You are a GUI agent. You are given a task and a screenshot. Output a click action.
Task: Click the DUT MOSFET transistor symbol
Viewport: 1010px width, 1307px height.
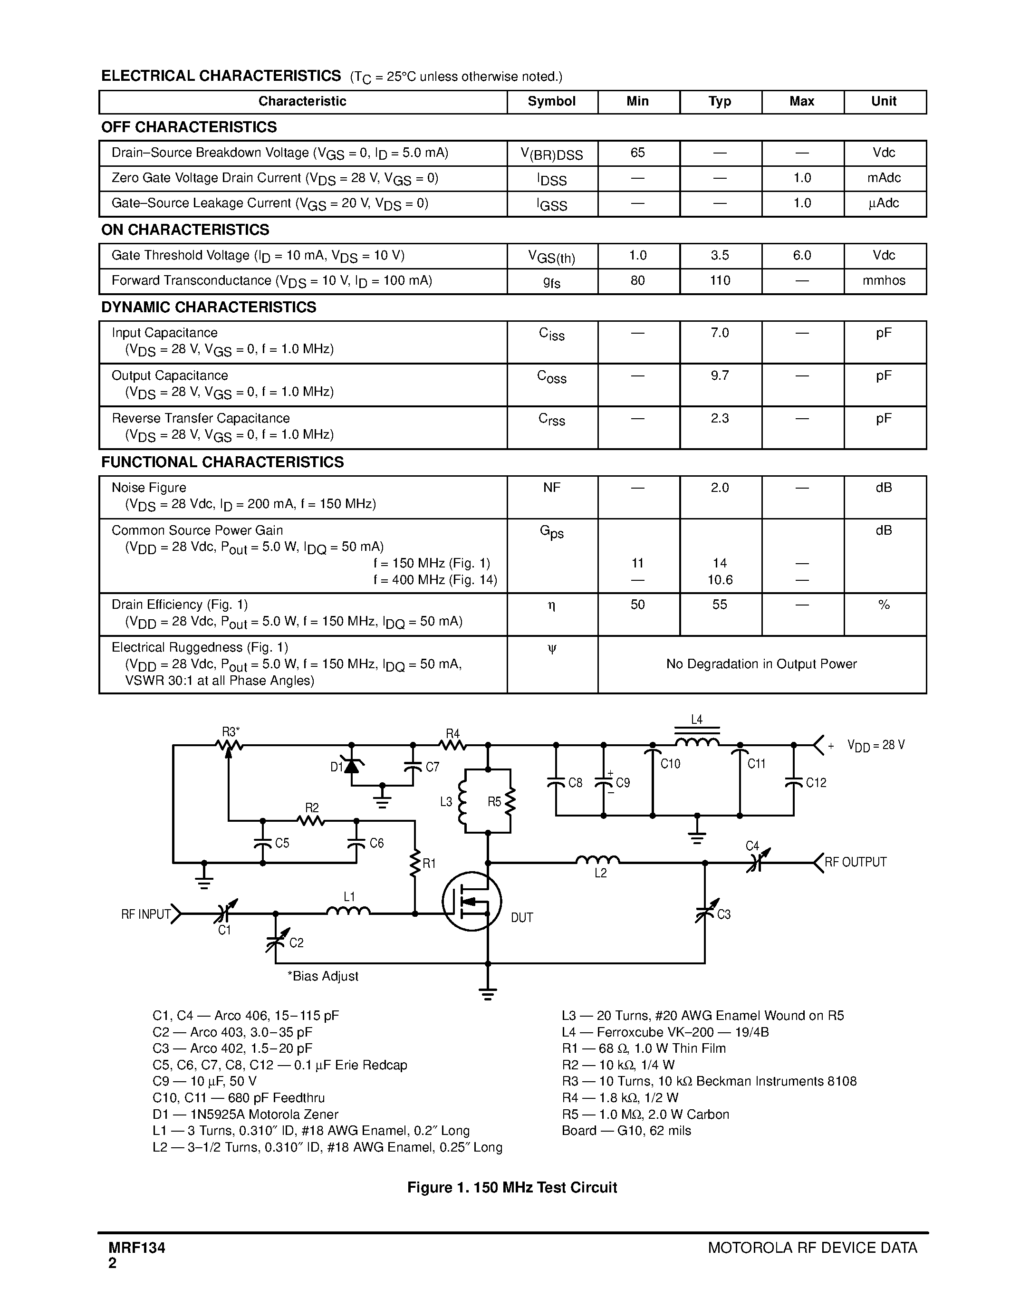click(x=472, y=901)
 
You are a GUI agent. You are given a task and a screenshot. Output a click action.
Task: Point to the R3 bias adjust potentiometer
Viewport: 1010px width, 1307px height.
click(x=229, y=745)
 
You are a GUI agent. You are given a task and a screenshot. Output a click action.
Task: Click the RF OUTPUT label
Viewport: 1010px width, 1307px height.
click(x=855, y=862)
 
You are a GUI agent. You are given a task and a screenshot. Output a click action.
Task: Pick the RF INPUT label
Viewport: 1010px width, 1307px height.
click(x=145, y=914)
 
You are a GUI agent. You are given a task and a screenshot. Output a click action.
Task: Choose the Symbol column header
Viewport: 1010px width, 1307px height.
click(x=552, y=101)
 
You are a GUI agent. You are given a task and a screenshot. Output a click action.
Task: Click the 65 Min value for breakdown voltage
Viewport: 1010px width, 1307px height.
click(x=638, y=153)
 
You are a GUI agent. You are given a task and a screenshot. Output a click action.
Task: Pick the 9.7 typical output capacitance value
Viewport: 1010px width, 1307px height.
click(x=720, y=376)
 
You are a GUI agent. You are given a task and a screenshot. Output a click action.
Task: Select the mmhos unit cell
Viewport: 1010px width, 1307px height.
click(x=884, y=281)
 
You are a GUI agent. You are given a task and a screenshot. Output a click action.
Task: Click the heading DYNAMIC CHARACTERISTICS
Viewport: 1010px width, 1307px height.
click(x=209, y=308)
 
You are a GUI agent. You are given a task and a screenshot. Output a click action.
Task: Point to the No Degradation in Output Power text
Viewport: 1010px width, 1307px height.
click(x=761, y=664)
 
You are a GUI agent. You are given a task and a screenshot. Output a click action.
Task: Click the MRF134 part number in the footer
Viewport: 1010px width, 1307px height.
click(x=137, y=1248)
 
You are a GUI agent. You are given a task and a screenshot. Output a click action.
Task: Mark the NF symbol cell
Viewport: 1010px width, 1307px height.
click(x=552, y=488)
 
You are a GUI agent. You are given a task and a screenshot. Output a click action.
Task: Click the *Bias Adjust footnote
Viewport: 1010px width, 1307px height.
click(x=323, y=976)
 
